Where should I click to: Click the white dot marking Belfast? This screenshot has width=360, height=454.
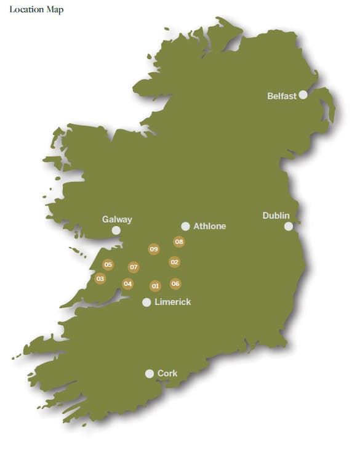click(303, 95)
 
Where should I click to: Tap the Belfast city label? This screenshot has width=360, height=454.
click(282, 96)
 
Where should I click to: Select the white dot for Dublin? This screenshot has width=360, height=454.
click(289, 226)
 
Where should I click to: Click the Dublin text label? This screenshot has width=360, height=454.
click(276, 215)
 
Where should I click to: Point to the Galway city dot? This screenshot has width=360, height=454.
click(116, 230)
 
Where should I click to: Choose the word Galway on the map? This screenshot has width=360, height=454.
click(117, 219)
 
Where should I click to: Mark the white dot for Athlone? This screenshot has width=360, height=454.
click(185, 226)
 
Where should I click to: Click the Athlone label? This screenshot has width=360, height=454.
click(210, 226)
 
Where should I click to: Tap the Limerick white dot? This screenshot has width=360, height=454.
click(146, 302)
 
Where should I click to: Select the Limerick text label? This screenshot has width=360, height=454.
click(173, 302)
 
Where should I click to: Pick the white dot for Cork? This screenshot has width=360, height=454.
click(149, 373)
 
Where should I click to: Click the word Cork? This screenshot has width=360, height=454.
click(167, 373)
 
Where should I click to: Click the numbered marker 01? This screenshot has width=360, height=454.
click(155, 286)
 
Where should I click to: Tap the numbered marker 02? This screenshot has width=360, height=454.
click(174, 262)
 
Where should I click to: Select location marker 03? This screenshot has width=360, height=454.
click(100, 278)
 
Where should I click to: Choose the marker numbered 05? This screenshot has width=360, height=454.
click(108, 265)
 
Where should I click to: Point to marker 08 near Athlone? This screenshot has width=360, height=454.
click(179, 242)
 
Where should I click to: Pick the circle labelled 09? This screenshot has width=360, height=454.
click(154, 249)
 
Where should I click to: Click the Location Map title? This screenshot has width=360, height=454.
click(36, 9)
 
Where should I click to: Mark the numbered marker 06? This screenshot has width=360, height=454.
click(175, 283)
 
